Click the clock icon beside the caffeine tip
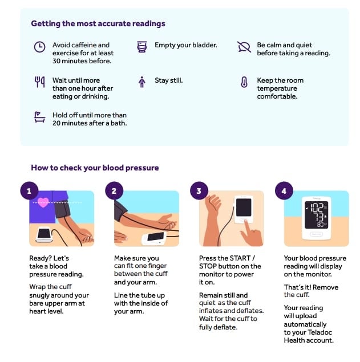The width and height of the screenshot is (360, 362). coord(39,47)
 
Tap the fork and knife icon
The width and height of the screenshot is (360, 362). coord(39,82)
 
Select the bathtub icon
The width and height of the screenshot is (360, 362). coord(39,117)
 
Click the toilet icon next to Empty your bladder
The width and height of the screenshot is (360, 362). coord(142,47)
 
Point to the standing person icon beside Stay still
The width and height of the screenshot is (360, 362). coord(142,82)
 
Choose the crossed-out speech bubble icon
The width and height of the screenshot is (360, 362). coord(244,47)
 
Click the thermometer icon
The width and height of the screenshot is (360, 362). coord(244,82)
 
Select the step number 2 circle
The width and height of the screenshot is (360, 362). coord(114,191)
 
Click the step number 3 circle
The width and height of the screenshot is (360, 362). coord(199,191)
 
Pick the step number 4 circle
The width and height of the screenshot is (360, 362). coord(284,191)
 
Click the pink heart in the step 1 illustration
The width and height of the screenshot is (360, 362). coord(43,202)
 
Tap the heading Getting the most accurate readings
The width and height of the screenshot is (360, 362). coord(98,24)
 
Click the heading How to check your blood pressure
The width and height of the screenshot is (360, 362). coord(95,168)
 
